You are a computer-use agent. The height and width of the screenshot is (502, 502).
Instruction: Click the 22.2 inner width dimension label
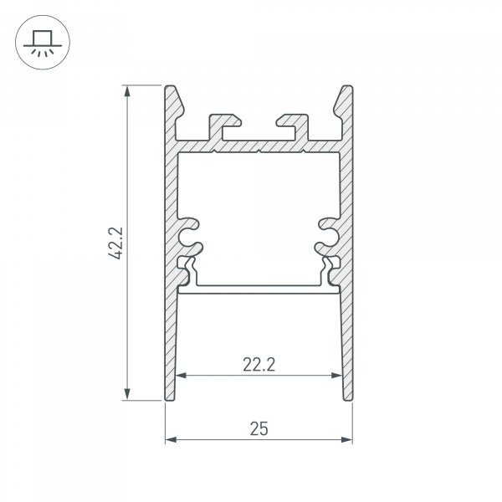tap(259, 363)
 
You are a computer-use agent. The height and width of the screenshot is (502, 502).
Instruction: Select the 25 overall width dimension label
tap(259, 428)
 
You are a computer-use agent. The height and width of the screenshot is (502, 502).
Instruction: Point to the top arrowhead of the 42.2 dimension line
tap(128, 90)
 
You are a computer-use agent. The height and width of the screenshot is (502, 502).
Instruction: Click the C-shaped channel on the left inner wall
tap(191, 234)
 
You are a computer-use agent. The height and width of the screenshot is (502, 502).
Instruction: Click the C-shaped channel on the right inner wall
tap(326, 234)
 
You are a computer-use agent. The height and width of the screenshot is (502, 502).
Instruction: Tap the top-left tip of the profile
tap(170, 87)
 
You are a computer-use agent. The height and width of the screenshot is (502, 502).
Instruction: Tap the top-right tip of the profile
tap(346, 87)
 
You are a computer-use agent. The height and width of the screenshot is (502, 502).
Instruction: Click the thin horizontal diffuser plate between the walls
tap(259, 290)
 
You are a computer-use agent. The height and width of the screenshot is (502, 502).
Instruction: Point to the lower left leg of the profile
tap(172, 351)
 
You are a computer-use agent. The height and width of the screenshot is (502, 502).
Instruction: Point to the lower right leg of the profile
tap(345, 351)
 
